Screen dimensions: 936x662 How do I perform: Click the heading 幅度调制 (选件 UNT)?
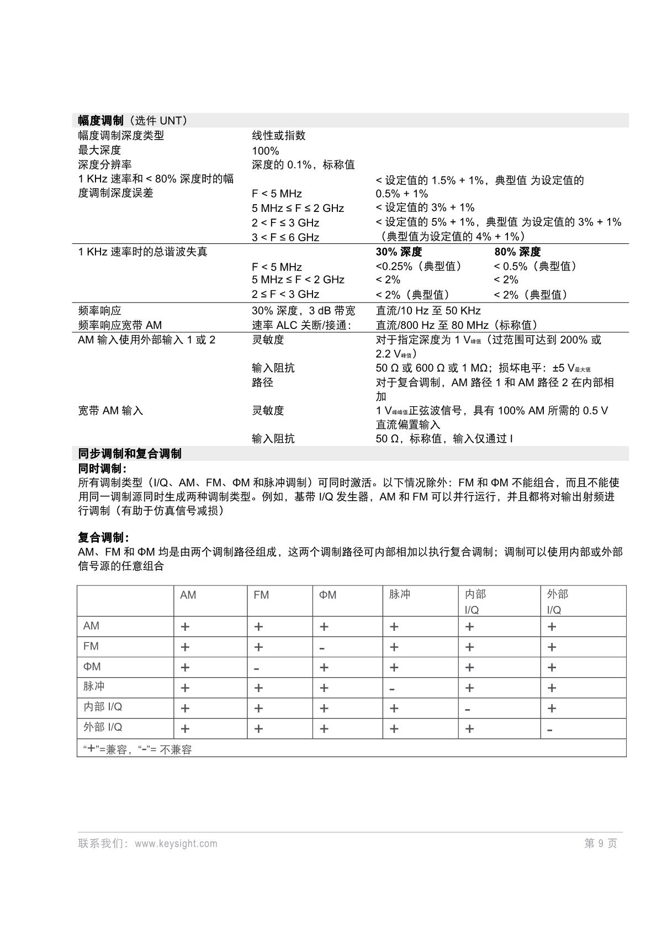tap(133, 120)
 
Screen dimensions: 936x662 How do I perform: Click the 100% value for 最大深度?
tap(266, 151)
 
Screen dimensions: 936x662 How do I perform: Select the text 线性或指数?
tap(279, 136)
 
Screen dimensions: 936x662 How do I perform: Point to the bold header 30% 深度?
tap(399, 252)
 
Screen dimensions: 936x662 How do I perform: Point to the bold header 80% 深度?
tap(517, 252)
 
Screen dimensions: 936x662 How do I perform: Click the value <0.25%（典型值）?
tap(419, 267)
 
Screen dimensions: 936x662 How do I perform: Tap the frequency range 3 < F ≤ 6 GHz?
tap(285, 237)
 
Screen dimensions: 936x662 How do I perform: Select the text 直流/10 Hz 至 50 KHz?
tap(428, 311)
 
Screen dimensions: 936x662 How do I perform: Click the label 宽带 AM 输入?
tap(110, 411)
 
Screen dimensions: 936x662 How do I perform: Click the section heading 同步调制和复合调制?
tap(130, 454)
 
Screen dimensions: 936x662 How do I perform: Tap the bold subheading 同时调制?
tap(103, 469)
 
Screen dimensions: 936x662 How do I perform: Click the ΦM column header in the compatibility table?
tap(327, 595)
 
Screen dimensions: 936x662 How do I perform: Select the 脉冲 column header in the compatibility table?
tap(399, 594)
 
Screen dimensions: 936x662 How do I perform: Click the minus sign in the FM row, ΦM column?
tap(322, 648)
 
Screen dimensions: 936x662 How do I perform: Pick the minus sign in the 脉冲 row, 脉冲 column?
tap(392, 689)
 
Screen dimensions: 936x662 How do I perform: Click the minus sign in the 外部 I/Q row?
tap(550, 730)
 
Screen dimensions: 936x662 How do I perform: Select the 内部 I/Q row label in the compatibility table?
tap(103, 707)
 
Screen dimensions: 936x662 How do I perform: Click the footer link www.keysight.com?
tap(176, 843)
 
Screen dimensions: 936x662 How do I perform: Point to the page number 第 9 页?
tap(601, 843)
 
